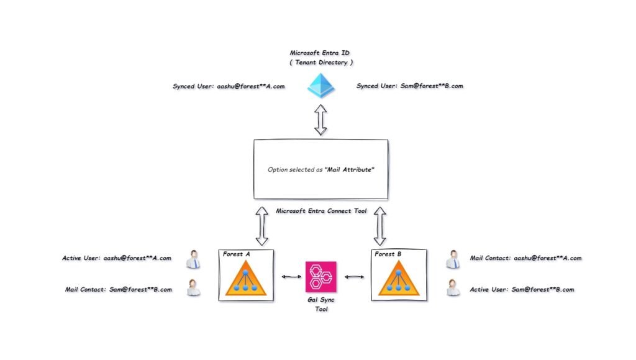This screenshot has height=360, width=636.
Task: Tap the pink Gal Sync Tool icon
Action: [x=321, y=276]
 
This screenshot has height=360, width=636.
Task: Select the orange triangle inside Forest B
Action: [x=399, y=279]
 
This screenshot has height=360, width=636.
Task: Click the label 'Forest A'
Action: [x=236, y=253]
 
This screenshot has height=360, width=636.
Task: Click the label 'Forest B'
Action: [x=388, y=253]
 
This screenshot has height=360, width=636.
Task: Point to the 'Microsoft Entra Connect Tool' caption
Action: [x=321, y=211]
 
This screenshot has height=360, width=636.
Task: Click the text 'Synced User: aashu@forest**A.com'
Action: [x=229, y=86]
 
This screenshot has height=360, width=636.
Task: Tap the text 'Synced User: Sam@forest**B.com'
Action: [x=410, y=86]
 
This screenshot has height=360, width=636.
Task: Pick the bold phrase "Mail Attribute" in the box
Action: [x=350, y=169]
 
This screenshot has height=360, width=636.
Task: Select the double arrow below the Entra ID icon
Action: [x=320, y=120]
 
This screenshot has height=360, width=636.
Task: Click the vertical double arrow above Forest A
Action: [x=262, y=225]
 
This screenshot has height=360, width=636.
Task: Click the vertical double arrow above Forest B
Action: [x=379, y=225]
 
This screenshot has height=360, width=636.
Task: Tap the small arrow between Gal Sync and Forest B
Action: [x=354, y=277]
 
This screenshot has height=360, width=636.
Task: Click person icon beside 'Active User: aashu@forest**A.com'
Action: [x=193, y=259]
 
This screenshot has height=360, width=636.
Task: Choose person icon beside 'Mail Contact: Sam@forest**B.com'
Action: [x=193, y=289]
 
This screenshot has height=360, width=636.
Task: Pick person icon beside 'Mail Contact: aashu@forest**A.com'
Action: [x=453, y=259]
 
